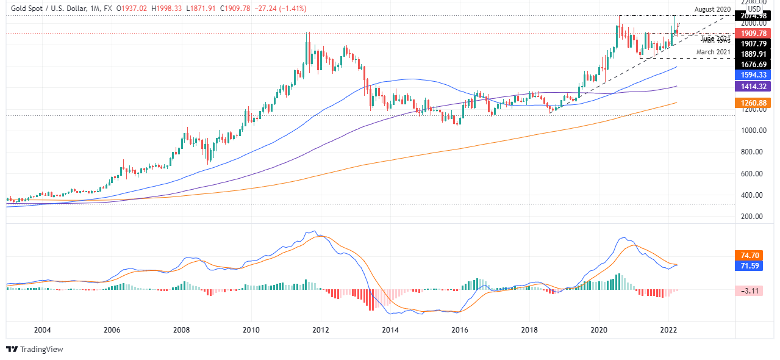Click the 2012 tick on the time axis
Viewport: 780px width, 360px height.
[321, 330]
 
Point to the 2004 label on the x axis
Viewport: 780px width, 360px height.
[42, 330]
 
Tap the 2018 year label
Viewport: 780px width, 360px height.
[529, 330]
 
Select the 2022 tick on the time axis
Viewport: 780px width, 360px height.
[668, 330]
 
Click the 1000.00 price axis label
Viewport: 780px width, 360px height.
[753, 131]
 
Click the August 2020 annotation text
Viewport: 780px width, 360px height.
[712, 9]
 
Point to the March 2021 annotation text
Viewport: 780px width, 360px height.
[713, 52]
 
